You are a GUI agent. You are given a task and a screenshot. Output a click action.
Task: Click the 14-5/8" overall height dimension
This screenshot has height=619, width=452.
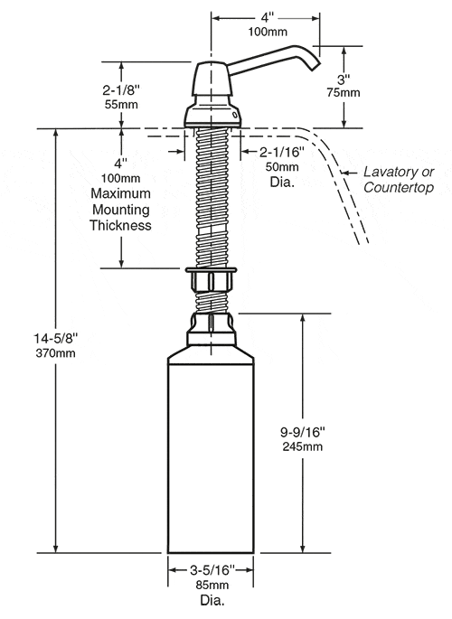click(56, 338)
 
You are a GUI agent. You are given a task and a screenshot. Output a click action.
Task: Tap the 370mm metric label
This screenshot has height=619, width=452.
click(56, 353)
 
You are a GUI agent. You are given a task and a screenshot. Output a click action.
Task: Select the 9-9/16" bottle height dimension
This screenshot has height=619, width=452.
click(302, 432)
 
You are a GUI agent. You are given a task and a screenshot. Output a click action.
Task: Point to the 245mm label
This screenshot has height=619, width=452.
click(302, 446)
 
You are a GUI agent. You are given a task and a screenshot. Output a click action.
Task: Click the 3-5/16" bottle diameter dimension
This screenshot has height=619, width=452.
click(212, 570)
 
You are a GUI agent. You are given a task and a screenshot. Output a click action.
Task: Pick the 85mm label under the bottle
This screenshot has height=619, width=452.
click(212, 585)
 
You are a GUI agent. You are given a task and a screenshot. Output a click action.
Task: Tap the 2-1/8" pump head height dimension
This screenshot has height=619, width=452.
click(121, 90)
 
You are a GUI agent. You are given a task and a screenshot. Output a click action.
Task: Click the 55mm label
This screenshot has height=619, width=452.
click(121, 105)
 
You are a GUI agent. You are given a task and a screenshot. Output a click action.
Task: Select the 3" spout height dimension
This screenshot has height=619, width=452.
click(344, 80)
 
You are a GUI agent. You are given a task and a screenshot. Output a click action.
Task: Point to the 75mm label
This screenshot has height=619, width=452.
click(344, 93)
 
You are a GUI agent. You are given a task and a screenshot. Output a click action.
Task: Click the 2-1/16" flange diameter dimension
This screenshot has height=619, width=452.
click(282, 152)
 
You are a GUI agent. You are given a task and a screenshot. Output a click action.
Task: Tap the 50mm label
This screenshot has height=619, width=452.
click(282, 166)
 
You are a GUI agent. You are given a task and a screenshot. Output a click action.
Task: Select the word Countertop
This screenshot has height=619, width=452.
click(399, 187)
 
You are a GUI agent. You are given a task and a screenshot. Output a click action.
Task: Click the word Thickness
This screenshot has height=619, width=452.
click(121, 225)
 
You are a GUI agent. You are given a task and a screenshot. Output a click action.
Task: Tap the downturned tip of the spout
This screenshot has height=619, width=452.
click(315, 67)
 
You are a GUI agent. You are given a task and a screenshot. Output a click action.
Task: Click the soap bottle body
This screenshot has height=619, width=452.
click(211, 454)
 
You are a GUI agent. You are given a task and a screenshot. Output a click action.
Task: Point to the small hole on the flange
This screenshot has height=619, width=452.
click(234, 115)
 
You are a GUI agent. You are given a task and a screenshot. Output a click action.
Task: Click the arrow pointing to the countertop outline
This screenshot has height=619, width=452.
click(348, 173)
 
